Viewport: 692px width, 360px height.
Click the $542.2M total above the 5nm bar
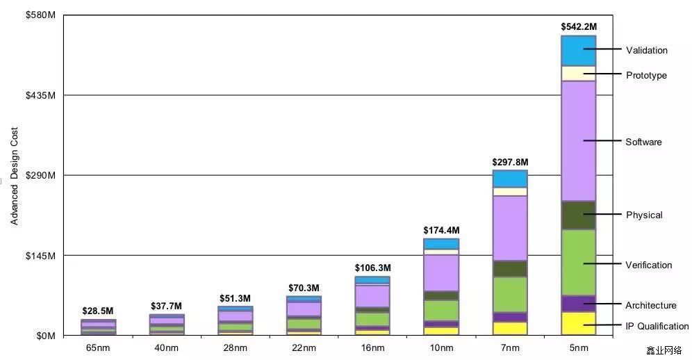578,26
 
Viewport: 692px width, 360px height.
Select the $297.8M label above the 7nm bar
510,161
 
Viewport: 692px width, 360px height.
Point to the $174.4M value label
441,230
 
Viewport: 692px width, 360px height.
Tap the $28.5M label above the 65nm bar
98,311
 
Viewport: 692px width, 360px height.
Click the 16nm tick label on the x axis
372,347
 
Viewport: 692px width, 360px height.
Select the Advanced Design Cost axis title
15,176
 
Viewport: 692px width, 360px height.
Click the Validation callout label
646,50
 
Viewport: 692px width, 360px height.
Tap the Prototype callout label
646,75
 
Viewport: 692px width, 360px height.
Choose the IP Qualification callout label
657,326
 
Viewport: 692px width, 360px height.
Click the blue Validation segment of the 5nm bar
578,51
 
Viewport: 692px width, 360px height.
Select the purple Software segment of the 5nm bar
578,140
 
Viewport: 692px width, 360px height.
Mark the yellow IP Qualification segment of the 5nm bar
578,323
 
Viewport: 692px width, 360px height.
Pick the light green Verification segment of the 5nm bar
578,262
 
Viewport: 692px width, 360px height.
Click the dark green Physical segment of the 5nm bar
578,215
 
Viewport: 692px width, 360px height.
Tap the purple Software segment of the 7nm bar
510,228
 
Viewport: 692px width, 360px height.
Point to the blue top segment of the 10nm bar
441,244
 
